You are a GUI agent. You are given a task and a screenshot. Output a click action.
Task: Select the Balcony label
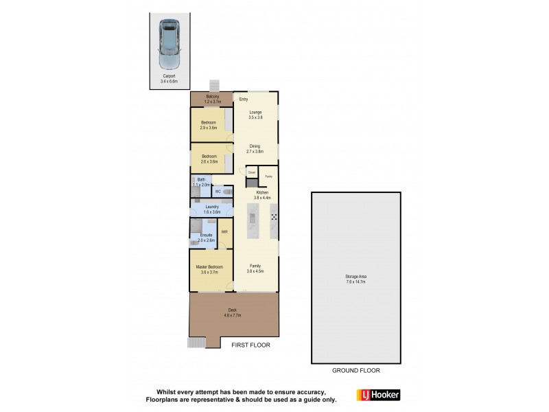click(x=212, y=97)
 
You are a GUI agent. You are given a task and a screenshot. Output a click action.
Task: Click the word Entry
click(x=243, y=100)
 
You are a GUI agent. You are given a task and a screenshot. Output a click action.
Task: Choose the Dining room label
click(x=255, y=148)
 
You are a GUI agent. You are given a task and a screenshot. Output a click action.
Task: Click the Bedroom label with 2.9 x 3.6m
click(x=209, y=125)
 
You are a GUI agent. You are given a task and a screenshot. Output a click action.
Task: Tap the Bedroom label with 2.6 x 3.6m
click(x=209, y=159)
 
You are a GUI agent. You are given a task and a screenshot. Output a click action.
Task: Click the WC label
click(x=218, y=192)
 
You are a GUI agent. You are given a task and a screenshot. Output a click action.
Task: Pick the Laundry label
click(x=211, y=209)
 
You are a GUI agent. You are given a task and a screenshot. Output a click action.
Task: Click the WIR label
click(x=224, y=231)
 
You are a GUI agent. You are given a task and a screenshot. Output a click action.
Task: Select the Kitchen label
click(x=263, y=194)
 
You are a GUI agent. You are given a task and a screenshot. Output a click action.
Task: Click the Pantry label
click(x=268, y=176)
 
